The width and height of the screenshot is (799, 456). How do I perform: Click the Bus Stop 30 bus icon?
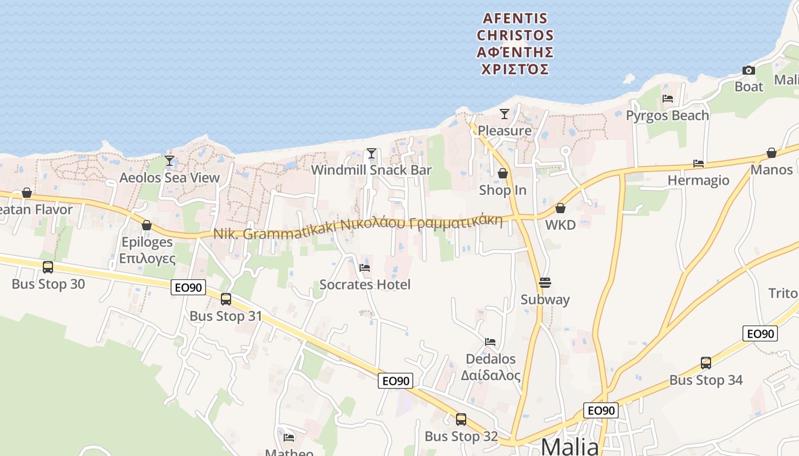tap(48, 267)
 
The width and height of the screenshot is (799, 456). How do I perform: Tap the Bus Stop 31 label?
tap(225, 316)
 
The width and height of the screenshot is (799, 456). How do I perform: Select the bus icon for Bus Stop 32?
tap(461, 420)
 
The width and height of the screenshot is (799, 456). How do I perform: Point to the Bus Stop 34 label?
tap(706, 380)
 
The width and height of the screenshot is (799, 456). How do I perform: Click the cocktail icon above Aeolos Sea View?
tap(170, 161)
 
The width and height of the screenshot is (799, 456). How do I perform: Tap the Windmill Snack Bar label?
tap(371, 170)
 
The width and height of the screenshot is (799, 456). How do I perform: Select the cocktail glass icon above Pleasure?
tap(505, 114)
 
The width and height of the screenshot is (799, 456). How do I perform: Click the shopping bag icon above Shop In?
tap(503, 173)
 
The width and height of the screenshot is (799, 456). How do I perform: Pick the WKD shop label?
tap(560, 225)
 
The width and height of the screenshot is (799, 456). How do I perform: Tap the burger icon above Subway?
tap(545, 283)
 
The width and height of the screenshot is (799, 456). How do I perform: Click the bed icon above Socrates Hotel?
tap(365, 267)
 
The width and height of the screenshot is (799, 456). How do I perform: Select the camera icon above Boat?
tap(748, 71)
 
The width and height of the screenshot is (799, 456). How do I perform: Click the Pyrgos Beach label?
tap(667, 115)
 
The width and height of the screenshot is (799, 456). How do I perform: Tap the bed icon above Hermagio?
tap(699, 164)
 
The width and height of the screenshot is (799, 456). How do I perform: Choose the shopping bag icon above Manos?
tap(772, 153)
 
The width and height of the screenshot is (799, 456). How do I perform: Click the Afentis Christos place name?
tap(515, 44)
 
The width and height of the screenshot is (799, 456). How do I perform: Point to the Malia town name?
tap(570, 446)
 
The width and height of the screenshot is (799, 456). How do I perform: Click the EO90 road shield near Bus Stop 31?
tap(188, 288)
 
